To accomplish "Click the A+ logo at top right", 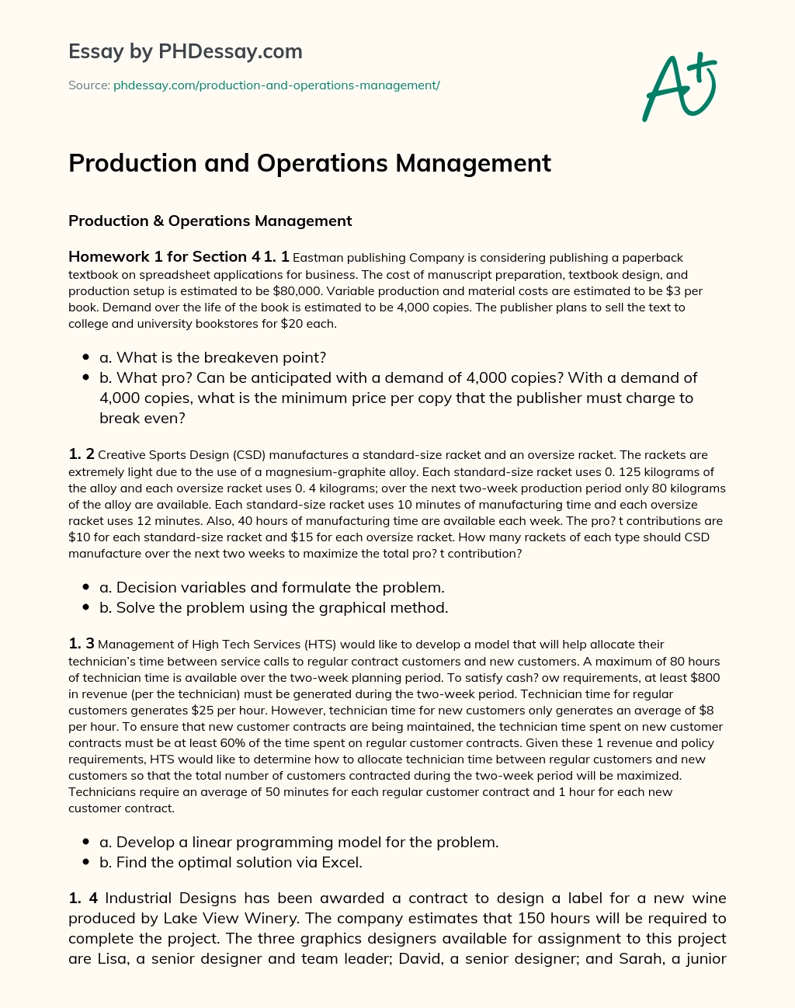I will (679, 86).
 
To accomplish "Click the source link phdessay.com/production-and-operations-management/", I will (276, 85).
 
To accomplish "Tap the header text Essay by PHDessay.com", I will (185, 52).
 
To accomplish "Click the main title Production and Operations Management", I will (310, 163).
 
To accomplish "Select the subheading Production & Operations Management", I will (210, 221).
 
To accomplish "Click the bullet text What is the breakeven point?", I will (213, 357).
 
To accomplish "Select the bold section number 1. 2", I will (82, 454).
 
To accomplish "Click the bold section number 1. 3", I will (82, 644).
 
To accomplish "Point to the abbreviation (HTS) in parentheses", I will (320, 645).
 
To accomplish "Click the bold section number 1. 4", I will (83, 899).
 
